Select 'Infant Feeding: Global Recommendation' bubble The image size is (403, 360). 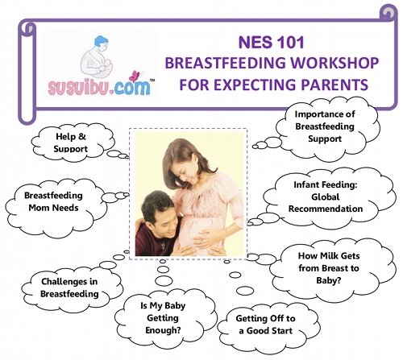click(x=328, y=197)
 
